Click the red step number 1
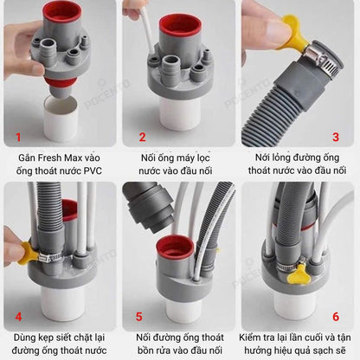18,137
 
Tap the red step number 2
142,137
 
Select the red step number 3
336,137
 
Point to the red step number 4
18,317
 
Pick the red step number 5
139,317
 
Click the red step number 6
336,317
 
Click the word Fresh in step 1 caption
50,157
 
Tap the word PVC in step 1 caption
93,170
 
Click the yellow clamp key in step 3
292,32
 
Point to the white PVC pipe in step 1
61,119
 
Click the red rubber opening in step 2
178,25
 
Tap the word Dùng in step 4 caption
24,337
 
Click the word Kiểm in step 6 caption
250,337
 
